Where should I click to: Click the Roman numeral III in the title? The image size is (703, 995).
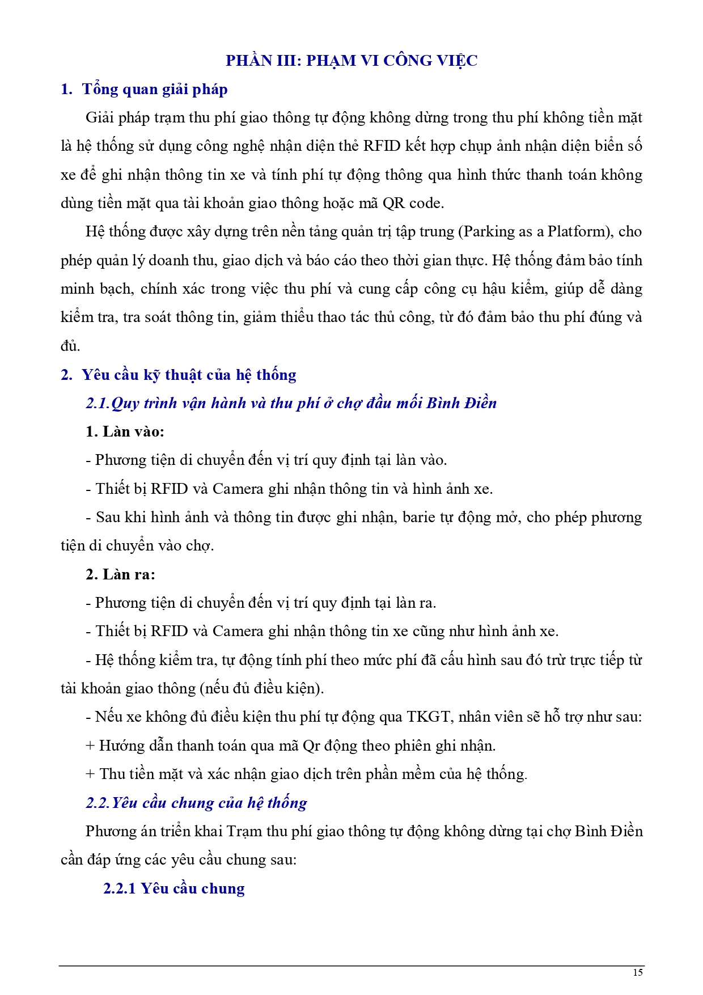(x=286, y=61)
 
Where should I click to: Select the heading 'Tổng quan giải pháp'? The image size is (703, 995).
(x=155, y=90)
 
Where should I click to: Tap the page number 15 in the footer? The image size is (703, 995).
(x=638, y=972)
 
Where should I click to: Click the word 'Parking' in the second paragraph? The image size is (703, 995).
(x=490, y=232)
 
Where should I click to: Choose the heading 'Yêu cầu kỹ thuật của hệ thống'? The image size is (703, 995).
(x=189, y=375)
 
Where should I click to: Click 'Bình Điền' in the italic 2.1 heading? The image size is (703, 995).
(x=461, y=403)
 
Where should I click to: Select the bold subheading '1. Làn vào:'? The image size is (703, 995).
(x=125, y=431)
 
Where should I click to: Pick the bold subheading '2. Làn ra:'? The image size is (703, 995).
(x=120, y=574)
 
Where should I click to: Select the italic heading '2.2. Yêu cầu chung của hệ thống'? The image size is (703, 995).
(x=196, y=803)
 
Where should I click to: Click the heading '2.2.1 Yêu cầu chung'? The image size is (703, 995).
(x=173, y=888)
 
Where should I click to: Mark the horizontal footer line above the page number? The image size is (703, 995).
(x=351, y=966)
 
